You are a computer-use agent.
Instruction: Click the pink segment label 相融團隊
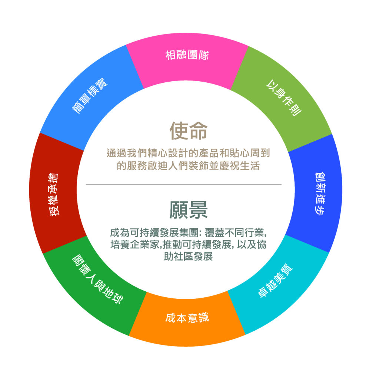187,55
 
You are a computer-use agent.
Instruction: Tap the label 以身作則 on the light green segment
284,98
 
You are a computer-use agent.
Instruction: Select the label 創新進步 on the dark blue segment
320,193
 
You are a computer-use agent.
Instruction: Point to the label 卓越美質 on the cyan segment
275,281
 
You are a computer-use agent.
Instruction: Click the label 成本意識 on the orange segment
187,318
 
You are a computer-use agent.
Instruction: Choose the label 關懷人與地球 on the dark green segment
97,279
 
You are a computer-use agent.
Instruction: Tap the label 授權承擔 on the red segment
54,194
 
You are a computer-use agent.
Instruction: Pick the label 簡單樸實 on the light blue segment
90,96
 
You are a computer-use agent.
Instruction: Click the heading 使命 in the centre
189,131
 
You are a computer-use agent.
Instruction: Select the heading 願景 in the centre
189,210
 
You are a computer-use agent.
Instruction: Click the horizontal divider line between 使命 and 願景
184,184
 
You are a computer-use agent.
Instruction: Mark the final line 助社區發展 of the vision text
189,256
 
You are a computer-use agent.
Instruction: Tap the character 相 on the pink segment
170,55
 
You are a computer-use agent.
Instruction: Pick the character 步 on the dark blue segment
320,210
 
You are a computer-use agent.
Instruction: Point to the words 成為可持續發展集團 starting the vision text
154,233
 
